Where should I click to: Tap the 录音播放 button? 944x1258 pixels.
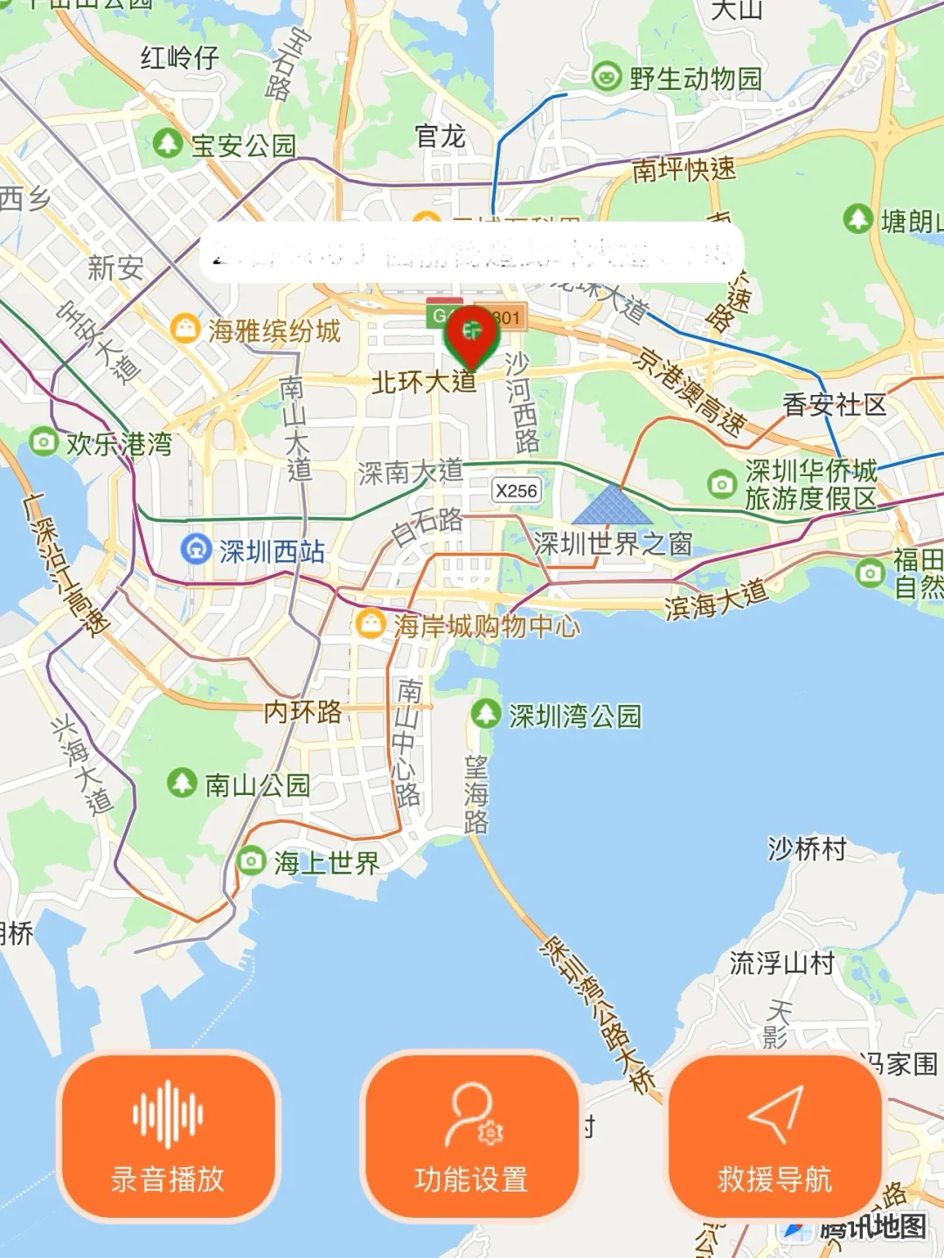point(168,1136)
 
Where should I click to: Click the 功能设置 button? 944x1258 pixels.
point(471,1136)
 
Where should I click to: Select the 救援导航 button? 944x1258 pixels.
point(774,1136)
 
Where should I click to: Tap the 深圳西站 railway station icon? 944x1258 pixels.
point(194,550)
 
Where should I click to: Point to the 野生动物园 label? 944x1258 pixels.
point(695,79)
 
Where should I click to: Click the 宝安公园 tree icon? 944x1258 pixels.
point(167,143)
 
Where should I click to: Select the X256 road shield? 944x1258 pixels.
point(516,491)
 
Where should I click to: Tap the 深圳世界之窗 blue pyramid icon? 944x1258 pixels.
point(613,504)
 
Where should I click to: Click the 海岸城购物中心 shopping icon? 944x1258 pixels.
point(371,624)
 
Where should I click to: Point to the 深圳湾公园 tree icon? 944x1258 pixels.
point(485,714)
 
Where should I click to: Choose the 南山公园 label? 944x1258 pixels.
point(257,785)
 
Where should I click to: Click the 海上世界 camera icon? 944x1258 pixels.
point(252,861)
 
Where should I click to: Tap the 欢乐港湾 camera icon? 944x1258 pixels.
point(43,442)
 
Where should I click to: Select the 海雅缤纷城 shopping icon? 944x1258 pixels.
point(185,329)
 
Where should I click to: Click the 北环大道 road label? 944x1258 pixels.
point(424,382)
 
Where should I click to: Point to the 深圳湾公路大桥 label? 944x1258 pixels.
point(600,1013)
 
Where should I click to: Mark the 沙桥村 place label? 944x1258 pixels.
point(807,848)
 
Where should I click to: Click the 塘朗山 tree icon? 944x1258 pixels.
point(857,218)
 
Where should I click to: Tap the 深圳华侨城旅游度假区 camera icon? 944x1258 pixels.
point(721,483)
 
